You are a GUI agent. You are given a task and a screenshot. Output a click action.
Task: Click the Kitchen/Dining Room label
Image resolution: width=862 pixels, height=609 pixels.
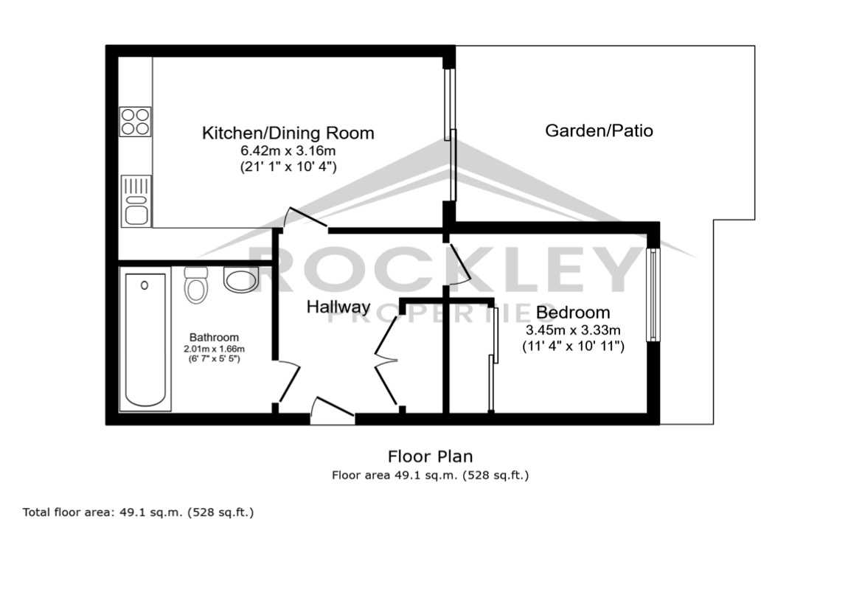(x=288, y=133)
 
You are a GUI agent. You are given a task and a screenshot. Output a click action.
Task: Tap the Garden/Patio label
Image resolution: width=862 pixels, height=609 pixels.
(x=599, y=130)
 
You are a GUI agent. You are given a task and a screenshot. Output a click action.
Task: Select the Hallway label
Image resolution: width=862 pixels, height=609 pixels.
(x=338, y=307)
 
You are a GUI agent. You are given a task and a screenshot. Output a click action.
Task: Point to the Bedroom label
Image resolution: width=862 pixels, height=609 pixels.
(x=573, y=312)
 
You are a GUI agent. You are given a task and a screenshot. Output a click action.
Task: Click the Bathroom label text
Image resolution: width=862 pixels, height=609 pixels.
(x=214, y=338)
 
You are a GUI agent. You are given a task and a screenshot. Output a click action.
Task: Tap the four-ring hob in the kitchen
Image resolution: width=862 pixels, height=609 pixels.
(x=135, y=122)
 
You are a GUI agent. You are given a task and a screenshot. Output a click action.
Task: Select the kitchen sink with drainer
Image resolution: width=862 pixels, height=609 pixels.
(x=136, y=201)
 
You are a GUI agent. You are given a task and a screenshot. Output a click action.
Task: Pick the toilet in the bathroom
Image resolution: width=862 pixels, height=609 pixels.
(x=195, y=285)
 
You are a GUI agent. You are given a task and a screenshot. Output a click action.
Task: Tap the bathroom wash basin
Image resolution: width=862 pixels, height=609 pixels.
(x=241, y=279)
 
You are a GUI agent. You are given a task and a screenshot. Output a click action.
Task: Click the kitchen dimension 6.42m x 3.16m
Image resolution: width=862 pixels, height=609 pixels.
(x=288, y=150)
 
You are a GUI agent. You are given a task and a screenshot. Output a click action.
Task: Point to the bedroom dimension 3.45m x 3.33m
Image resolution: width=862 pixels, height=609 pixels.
(x=573, y=330)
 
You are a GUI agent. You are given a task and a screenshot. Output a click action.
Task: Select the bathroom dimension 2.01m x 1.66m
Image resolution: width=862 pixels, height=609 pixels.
(x=214, y=349)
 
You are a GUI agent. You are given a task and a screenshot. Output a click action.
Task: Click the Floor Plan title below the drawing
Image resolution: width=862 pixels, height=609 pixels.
(x=430, y=457)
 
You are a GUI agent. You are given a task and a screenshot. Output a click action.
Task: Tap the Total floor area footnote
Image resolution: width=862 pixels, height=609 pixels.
(x=138, y=513)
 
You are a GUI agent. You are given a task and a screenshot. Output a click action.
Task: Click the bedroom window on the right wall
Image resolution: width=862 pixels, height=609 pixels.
(x=653, y=295)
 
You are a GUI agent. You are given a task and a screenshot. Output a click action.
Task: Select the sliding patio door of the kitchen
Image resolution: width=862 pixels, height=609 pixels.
(x=451, y=134)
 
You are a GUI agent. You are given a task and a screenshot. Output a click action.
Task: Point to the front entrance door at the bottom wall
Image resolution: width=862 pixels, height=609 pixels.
(x=332, y=411)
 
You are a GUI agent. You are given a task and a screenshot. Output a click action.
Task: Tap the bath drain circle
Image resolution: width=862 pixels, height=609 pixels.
(x=145, y=286)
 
